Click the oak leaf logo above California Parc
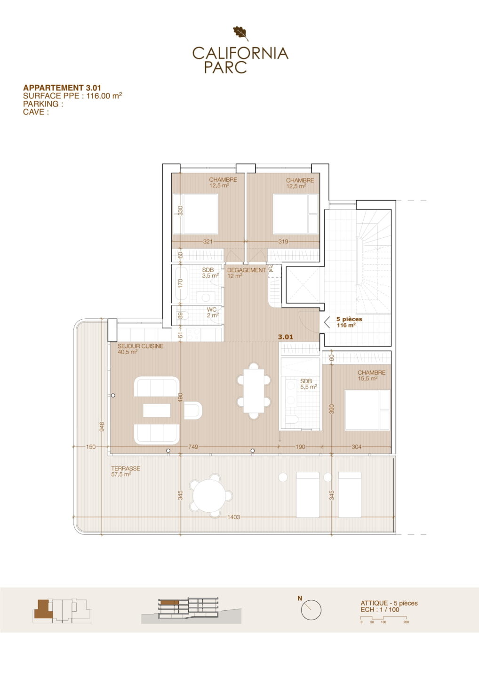[241, 33]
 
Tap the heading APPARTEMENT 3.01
[62, 88]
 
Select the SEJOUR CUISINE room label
[141, 346]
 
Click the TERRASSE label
[126, 468]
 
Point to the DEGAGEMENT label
[247, 270]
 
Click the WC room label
[212, 310]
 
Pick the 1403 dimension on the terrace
[233, 517]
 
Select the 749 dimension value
[193, 447]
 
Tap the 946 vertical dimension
[102, 427]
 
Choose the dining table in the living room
[254, 391]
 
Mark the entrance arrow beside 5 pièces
[327, 323]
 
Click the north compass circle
[311, 610]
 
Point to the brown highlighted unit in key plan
[43, 609]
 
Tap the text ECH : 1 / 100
[380, 610]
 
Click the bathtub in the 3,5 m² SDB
[181, 283]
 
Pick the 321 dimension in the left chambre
[208, 242]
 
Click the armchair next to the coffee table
[193, 410]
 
